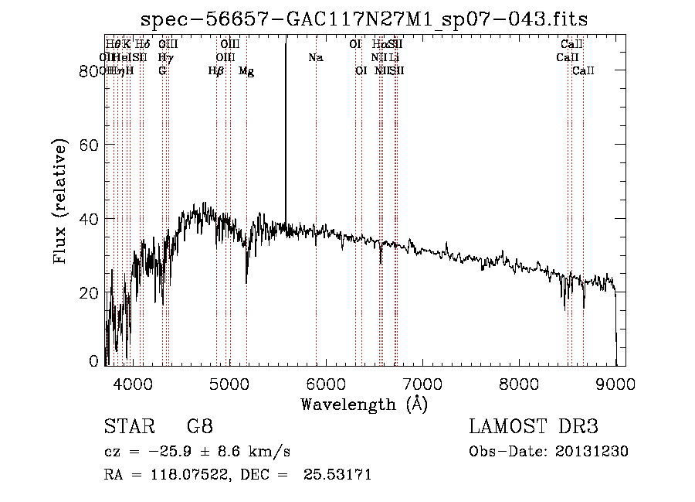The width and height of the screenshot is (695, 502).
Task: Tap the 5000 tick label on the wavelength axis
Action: click(229, 383)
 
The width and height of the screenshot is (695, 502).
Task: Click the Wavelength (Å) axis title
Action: click(364, 404)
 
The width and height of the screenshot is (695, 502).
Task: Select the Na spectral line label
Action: click(315, 58)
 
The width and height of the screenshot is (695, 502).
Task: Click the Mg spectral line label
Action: click(246, 71)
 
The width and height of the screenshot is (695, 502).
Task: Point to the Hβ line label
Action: click(216, 71)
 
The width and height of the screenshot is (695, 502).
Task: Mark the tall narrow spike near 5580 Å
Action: click(286, 116)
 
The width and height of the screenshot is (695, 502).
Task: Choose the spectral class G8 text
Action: click(200, 427)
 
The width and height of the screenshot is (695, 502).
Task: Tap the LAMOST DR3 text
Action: click(534, 427)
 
